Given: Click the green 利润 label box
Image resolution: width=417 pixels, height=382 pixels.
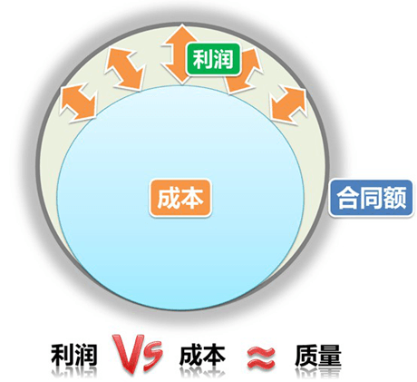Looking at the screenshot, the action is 213,59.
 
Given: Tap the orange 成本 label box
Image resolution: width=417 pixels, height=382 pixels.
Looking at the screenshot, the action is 180,198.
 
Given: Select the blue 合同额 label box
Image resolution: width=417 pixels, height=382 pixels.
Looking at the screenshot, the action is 371,198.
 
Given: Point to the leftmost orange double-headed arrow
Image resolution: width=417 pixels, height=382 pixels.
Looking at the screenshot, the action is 78,103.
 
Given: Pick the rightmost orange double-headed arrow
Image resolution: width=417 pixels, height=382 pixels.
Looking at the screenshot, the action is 288,105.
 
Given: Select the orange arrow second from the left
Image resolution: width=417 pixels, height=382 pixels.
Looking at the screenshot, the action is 124,69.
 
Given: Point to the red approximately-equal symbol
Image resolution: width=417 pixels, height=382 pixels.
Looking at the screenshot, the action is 261,358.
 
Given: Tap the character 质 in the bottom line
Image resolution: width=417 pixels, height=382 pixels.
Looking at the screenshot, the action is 306,356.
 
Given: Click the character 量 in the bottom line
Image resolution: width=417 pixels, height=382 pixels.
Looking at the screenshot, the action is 330,356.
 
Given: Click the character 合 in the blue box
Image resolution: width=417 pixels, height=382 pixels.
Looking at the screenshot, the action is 348,198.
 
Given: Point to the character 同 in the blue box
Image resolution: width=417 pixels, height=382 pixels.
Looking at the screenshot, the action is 371,198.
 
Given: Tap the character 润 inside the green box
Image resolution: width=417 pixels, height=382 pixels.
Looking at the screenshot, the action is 224,59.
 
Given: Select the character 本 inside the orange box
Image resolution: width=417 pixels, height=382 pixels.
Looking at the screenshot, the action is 191,198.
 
